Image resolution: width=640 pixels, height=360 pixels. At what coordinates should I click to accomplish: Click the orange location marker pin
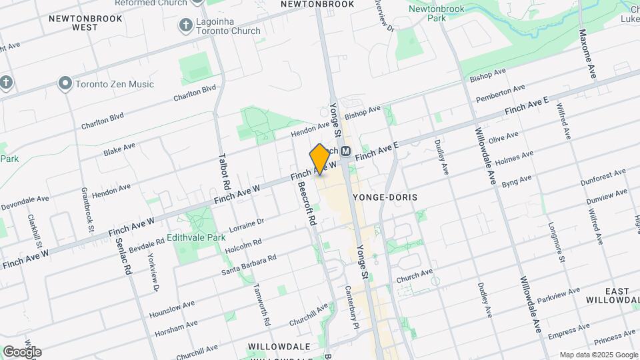point(320,159)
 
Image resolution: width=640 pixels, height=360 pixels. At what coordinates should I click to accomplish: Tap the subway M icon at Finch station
point(346,151)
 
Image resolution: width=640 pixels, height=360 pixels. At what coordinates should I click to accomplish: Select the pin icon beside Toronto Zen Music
point(65,84)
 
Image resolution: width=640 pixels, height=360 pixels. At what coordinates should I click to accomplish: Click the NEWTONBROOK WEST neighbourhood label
point(85,23)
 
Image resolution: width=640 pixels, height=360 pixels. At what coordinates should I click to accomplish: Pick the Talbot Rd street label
point(225,171)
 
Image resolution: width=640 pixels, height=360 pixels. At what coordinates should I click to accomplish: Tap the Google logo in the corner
point(22,352)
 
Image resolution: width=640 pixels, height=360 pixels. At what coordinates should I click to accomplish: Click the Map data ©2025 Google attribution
point(598,355)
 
